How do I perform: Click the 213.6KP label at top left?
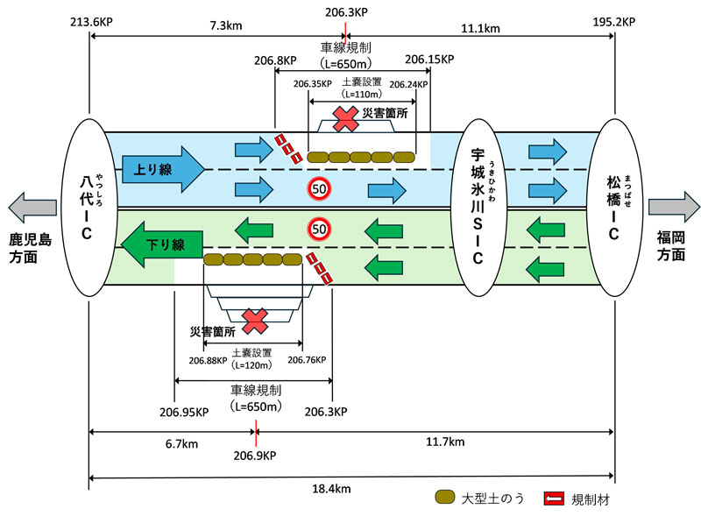90,19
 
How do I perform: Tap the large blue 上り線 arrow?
162,165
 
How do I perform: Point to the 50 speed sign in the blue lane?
319,188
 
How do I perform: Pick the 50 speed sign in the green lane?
319,229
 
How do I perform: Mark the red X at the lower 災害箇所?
255,321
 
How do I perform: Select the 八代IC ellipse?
90,208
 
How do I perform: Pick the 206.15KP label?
429,60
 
